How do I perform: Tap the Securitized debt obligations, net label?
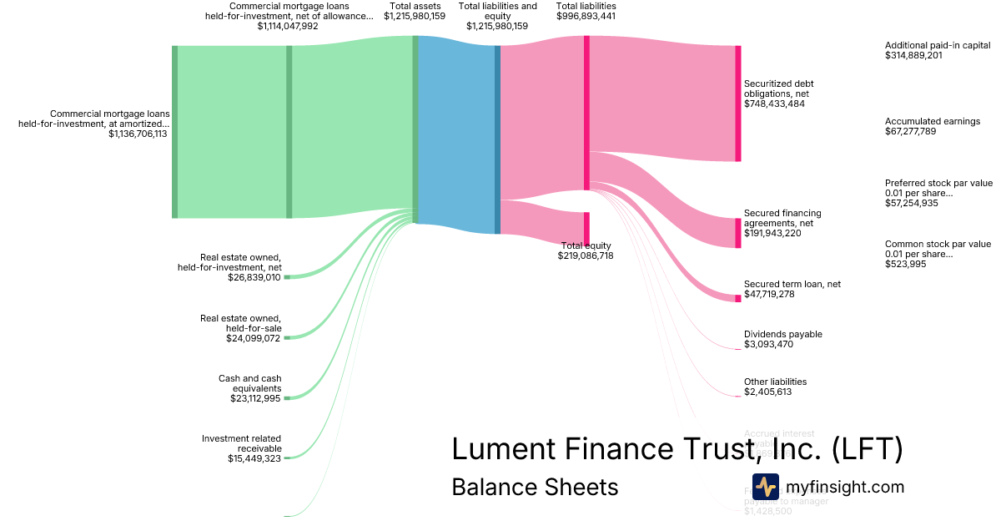(778, 89)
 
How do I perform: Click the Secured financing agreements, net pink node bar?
(737, 233)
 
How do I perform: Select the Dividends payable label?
(782, 334)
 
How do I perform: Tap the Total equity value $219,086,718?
(586, 256)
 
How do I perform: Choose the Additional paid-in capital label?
(938, 45)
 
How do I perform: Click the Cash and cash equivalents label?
(249, 383)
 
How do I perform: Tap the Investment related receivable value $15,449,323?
(254, 458)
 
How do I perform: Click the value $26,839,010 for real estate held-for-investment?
(254, 277)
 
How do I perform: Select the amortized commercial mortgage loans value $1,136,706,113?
(138, 134)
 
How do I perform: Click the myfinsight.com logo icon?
(765, 487)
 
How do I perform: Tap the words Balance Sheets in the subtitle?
(535, 487)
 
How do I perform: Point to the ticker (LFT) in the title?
(867, 449)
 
